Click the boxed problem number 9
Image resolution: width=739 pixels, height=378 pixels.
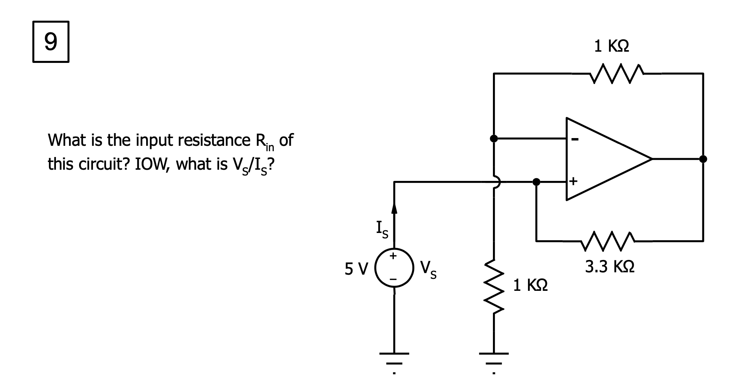point(51,42)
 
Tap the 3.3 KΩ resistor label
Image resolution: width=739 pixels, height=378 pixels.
point(609,267)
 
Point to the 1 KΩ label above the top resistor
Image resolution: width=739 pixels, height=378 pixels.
point(611,46)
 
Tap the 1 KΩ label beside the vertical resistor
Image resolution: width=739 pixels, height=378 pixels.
point(530,285)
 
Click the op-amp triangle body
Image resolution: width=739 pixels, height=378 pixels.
point(602,159)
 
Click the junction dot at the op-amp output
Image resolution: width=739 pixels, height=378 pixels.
point(703,159)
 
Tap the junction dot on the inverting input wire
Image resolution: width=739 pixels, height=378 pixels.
point(494,138)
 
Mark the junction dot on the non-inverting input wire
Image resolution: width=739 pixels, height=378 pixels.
point(536,181)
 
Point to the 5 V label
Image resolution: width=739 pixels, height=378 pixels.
point(356,268)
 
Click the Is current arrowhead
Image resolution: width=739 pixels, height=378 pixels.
point(394,209)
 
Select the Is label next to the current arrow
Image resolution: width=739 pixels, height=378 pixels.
point(382,229)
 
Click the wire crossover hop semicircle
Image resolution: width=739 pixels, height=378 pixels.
point(497,182)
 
